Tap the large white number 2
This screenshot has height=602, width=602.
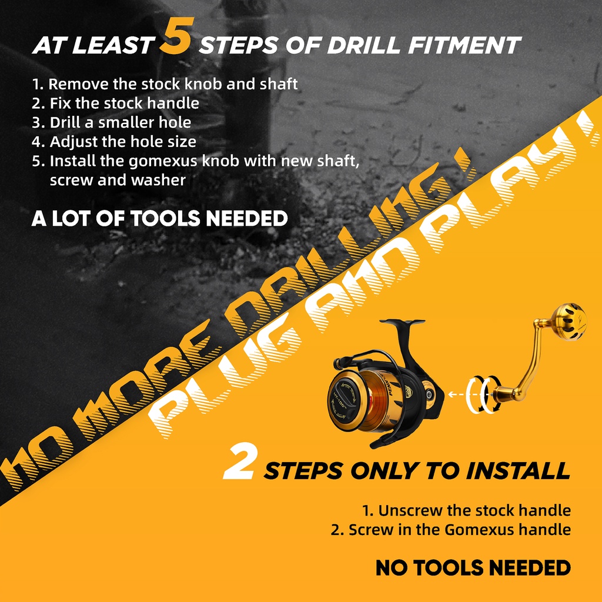click(239, 461)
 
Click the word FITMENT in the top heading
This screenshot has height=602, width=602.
click(464, 45)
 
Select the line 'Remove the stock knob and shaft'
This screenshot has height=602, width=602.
click(165, 84)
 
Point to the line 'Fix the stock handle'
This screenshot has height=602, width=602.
click(116, 103)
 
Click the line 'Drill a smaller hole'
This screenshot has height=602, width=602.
click(111, 122)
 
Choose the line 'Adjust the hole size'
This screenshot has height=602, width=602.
click(114, 142)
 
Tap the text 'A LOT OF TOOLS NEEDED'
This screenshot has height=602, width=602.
click(159, 219)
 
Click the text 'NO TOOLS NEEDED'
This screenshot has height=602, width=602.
click(473, 568)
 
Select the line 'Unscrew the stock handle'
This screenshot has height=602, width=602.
click(466, 511)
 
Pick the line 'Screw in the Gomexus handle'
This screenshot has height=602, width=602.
click(451, 530)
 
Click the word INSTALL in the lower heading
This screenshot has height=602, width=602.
click(518, 471)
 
